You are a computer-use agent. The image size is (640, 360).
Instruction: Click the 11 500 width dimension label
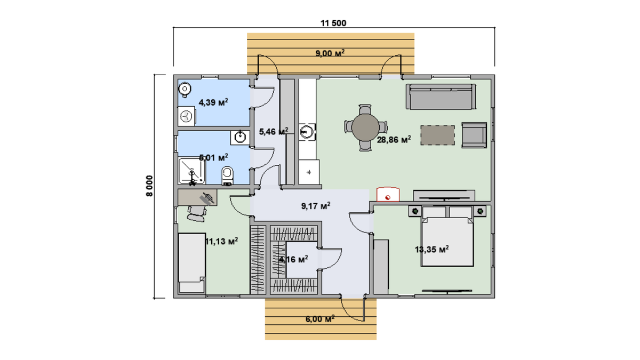[x=333, y=23]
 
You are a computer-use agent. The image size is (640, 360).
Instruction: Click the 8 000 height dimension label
[x=149, y=186]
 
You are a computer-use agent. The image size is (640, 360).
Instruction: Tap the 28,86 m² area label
[x=394, y=140]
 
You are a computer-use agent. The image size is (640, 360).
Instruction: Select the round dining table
[x=365, y=127]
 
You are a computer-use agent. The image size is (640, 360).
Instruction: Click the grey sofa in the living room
[x=441, y=97]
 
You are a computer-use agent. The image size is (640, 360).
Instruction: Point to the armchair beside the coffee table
[x=474, y=135]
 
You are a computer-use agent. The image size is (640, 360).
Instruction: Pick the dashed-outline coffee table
[x=437, y=135]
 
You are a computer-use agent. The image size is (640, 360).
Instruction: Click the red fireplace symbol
[x=388, y=194]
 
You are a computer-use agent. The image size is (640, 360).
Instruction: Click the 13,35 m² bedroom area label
[x=431, y=250]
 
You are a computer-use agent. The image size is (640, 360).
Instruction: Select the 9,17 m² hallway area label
[x=316, y=206]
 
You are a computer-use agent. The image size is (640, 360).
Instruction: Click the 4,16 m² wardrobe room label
[x=293, y=259]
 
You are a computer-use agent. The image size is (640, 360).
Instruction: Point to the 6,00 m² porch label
[x=320, y=319]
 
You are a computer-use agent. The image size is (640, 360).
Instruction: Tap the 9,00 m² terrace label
[x=330, y=53]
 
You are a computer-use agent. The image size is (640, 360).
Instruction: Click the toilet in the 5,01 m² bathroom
[x=227, y=175]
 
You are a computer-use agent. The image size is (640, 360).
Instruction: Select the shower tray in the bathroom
[x=192, y=171]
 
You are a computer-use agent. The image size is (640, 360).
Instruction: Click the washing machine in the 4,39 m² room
[x=186, y=116]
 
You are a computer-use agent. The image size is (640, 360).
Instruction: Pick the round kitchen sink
[x=306, y=132]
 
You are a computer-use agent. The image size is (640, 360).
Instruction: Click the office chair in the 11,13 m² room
[x=197, y=214]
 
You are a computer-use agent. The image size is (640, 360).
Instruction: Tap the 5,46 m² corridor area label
[x=274, y=132]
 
